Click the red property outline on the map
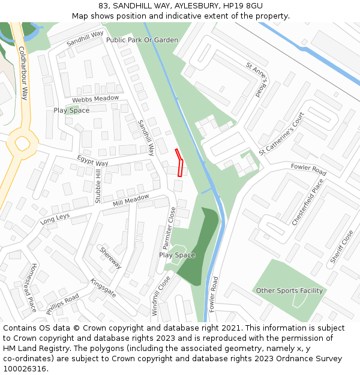[x=179, y=163]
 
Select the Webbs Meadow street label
[x=95, y=98]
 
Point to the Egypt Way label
[x=92, y=161]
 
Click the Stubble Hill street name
[x=98, y=186]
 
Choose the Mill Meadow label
[x=131, y=200]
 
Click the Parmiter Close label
[x=169, y=229]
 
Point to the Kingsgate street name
[x=103, y=289]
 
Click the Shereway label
[x=111, y=258]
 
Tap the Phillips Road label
[x=62, y=302]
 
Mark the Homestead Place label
[x=34, y=287]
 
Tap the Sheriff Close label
[x=341, y=247]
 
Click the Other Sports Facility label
[x=289, y=291]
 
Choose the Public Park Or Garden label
[x=142, y=40]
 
